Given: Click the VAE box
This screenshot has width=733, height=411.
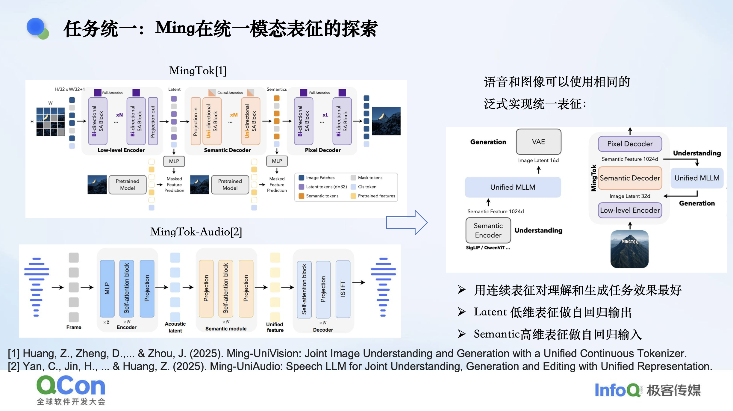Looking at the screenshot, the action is click(x=538, y=142).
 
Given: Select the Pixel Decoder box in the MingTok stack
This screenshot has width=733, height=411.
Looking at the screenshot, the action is click(x=630, y=144).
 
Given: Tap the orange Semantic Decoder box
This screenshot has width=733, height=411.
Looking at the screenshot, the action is click(x=630, y=178).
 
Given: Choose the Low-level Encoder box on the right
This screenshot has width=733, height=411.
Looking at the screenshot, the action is click(x=630, y=210).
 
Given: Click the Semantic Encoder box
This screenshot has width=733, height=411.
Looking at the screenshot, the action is click(x=488, y=230).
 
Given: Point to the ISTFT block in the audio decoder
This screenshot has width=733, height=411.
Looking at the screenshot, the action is click(x=343, y=289).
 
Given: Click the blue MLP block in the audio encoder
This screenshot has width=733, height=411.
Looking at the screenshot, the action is click(x=107, y=288).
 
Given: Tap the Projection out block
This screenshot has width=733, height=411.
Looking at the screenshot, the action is click(x=153, y=121).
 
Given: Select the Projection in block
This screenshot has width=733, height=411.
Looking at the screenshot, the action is click(x=196, y=121).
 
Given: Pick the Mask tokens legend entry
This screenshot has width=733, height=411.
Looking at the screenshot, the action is click(x=367, y=178).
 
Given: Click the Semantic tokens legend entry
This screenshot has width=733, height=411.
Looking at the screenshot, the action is click(x=319, y=196).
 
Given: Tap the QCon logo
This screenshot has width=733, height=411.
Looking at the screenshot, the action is click(x=71, y=390).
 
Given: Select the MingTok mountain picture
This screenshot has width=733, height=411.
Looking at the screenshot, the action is click(x=629, y=249).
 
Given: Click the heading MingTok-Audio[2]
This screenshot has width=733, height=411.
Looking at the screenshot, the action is click(x=196, y=232).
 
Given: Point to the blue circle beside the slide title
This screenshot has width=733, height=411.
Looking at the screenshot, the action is click(x=36, y=27).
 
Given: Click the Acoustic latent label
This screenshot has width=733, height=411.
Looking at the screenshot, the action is click(x=175, y=327).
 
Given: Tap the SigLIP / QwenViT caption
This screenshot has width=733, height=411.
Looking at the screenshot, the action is click(x=488, y=248).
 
